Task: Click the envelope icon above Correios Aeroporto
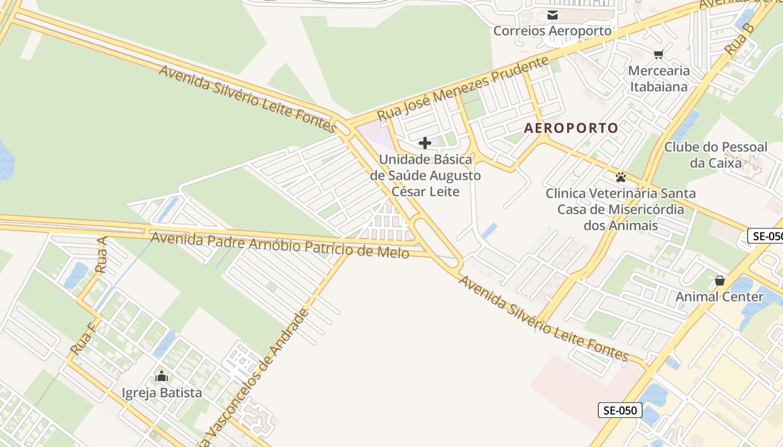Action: point(553,15)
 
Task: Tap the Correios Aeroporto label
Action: point(553,31)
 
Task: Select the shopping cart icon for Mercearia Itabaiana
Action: point(658,54)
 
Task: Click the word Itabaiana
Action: point(659,87)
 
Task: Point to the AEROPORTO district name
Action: point(571,128)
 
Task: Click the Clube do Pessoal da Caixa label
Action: point(715,155)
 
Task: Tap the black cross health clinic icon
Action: point(425,143)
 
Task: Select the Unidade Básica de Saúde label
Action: point(425,175)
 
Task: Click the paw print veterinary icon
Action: point(621,177)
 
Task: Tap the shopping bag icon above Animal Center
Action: point(720,280)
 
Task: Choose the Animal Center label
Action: point(720,297)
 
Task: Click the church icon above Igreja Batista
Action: point(162,376)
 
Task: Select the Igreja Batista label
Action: point(162,393)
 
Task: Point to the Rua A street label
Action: point(101,254)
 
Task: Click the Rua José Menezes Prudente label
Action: point(463,88)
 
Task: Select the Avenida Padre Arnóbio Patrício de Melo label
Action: point(280,245)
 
